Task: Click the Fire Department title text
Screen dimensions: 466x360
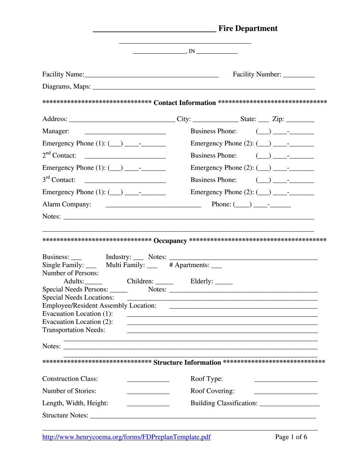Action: [x=248, y=28]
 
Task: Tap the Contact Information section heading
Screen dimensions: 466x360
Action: [x=185, y=103]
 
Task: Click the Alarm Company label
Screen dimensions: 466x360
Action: [x=67, y=204]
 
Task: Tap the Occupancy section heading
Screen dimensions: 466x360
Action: [x=170, y=241]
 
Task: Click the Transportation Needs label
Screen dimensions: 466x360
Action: [x=74, y=330]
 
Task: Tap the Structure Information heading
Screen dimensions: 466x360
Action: [x=187, y=363]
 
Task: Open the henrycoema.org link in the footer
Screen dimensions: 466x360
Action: [x=127, y=437]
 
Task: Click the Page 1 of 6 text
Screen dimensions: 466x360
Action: [x=291, y=437]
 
